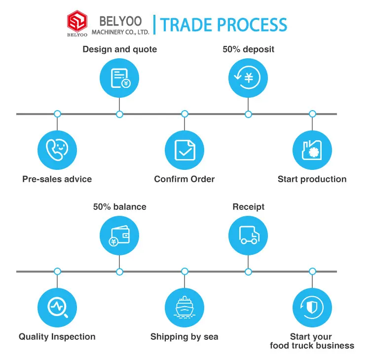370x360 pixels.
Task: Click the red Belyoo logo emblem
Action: coord(77,22)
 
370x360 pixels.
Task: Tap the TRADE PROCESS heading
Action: coord(223,25)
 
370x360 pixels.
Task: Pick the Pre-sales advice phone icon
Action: coord(57,150)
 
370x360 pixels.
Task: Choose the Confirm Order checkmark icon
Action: coord(185,150)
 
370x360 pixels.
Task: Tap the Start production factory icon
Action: coord(312,150)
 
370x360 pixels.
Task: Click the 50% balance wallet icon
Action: coord(119,235)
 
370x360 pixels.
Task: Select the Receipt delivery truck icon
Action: coord(248,235)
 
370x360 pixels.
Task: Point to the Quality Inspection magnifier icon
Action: coord(57,307)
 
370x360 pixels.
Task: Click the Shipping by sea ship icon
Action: coord(185,307)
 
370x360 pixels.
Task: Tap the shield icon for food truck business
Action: coord(312,307)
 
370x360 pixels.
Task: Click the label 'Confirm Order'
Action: coord(185,179)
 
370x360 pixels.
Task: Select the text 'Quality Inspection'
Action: coord(57,337)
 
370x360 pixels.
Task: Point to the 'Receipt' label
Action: coord(248,207)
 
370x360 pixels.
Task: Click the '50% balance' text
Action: coord(119,207)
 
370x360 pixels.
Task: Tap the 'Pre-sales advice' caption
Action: coord(57,179)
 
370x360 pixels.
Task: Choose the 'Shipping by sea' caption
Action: coord(185,337)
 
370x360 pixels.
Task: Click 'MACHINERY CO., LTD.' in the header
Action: coord(120,32)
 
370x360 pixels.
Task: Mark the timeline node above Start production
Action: coord(312,114)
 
